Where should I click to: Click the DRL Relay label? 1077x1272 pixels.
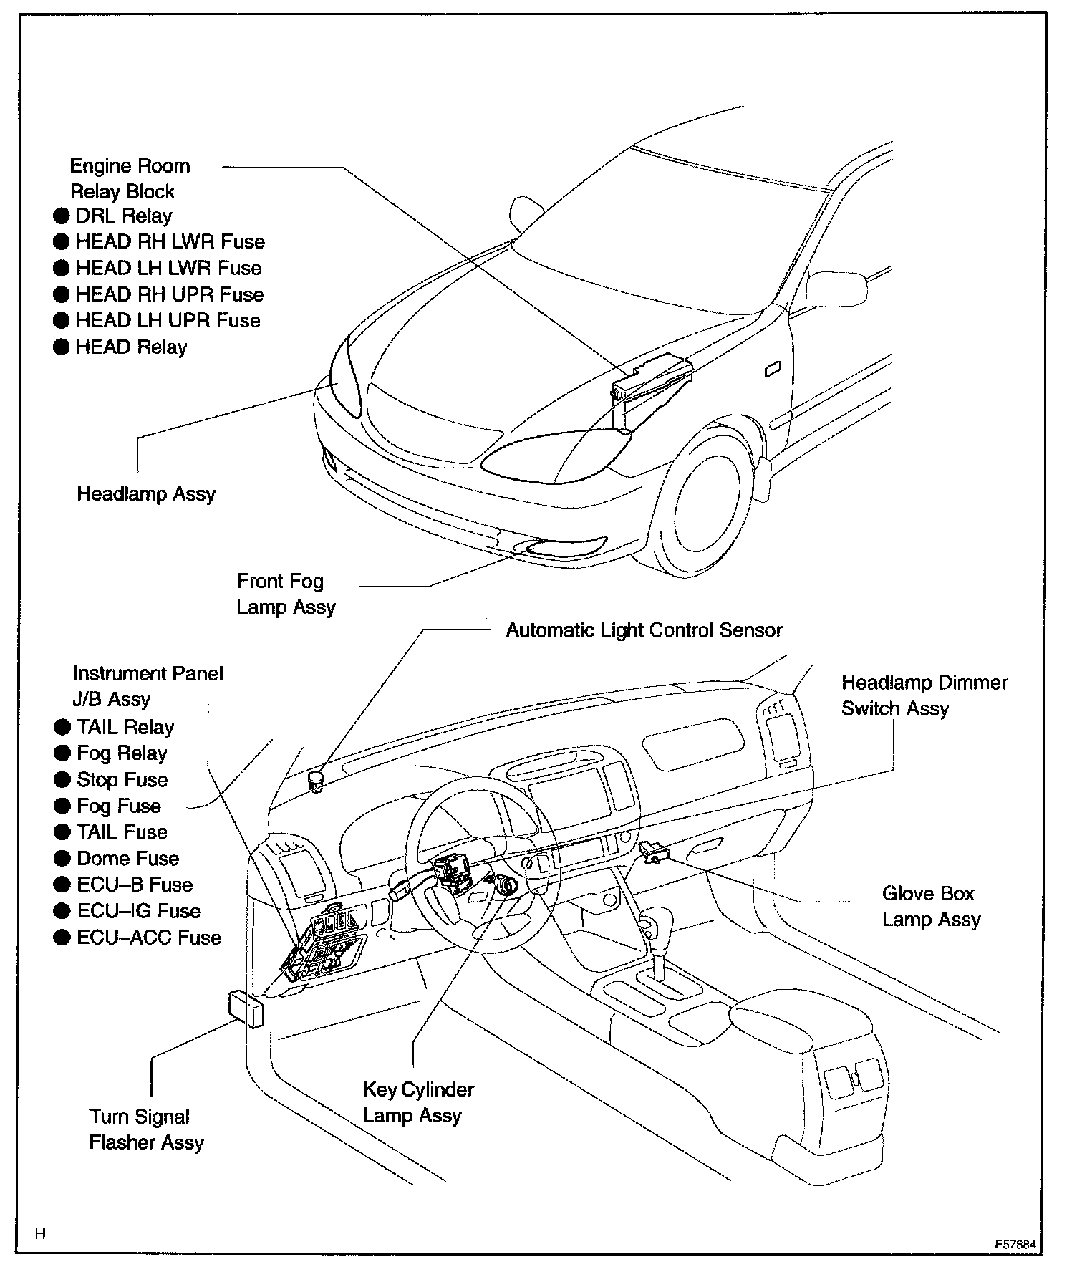(x=124, y=216)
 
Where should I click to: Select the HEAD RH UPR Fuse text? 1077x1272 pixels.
(x=170, y=294)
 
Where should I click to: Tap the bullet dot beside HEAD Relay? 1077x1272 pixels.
(x=62, y=347)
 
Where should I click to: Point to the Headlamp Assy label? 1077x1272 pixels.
(x=146, y=493)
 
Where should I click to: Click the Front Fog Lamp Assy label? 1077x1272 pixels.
(x=286, y=594)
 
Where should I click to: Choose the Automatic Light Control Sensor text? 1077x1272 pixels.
(x=644, y=630)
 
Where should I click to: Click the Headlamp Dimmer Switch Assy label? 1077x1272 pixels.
(x=924, y=695)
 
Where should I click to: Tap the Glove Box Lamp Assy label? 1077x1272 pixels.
(x=930, y=906)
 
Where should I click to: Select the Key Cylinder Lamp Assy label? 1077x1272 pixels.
(x=418, y=1102)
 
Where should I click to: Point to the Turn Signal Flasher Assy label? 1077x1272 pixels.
(x=146, y=1129)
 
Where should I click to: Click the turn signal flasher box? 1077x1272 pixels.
(x=245, y=1010)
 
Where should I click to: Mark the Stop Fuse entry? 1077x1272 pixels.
(x=122, y=779)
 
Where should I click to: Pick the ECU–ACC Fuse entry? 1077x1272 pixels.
(x=149, y=938)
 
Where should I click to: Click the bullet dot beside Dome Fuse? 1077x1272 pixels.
(x=63, y=859)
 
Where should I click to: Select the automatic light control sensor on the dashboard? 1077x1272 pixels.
(x=316, y=779)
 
